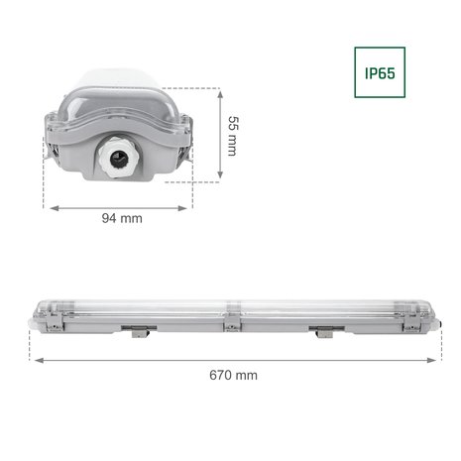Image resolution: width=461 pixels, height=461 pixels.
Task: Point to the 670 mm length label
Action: point(233,375)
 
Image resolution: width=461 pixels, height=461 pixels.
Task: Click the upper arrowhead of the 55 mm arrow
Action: point(217,90)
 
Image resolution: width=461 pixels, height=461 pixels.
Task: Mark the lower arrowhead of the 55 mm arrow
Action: point(217,179)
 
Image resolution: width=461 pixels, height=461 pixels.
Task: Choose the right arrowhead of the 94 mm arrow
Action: point(191,208)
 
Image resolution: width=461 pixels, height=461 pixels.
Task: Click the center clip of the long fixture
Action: point(231,324)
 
